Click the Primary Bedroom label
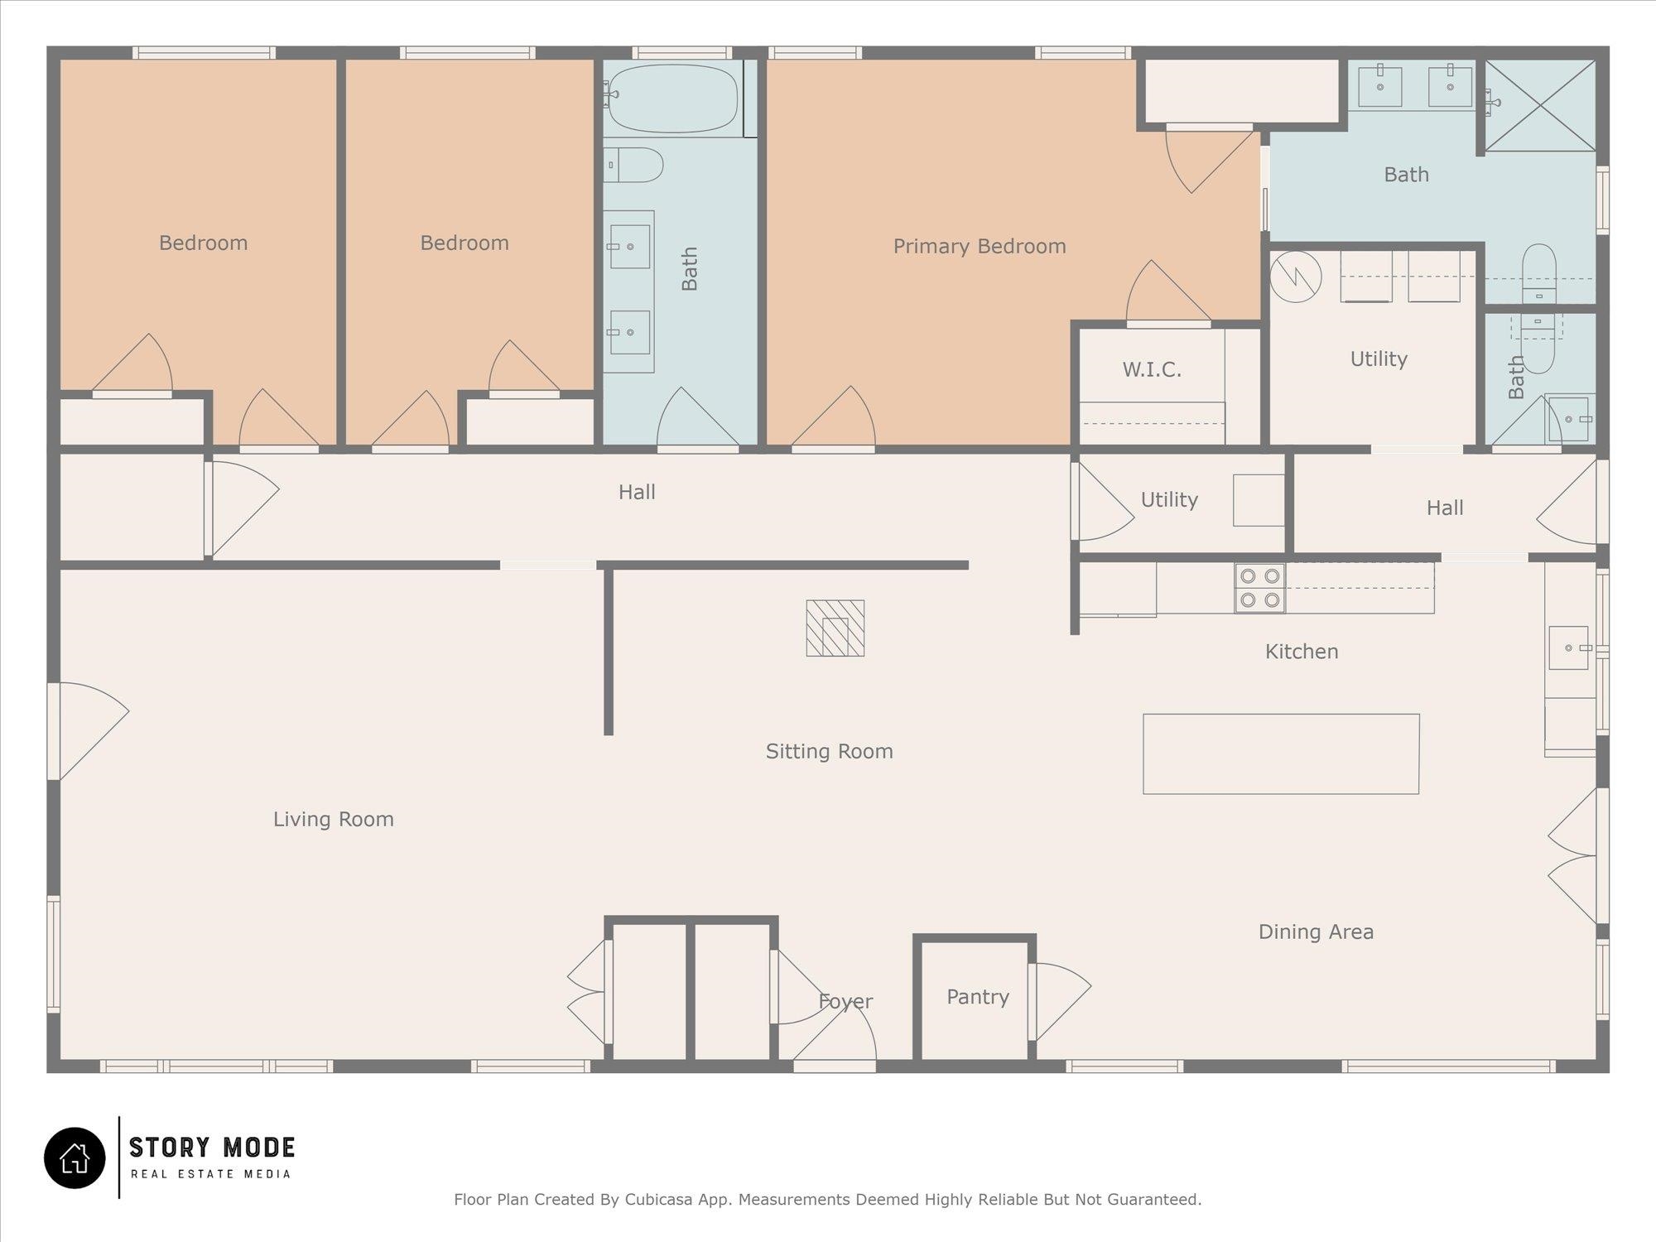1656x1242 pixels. click(980, 246)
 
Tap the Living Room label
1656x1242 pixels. click(334, 819)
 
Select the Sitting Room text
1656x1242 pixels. click(829, 751)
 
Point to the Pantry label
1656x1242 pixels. click(978, 997)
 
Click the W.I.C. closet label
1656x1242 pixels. click(1152, 369)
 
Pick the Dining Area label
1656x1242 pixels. click(1316, 931)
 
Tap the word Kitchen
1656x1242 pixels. click(1302, 652)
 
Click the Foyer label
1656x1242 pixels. click(845, 1002)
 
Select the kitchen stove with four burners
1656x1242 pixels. click(1260, 588)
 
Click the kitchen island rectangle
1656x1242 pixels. click(1281, 753)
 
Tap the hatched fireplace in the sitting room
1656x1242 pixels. click(835, 628)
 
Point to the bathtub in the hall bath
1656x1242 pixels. click(673, 99)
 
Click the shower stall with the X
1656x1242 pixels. click(1540, 105)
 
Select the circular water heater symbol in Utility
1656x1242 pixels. click(1296, 277)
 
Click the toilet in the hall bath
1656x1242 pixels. click(633, 165)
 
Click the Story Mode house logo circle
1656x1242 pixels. click(75, 1158)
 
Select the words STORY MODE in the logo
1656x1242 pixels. click(212, 1148)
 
